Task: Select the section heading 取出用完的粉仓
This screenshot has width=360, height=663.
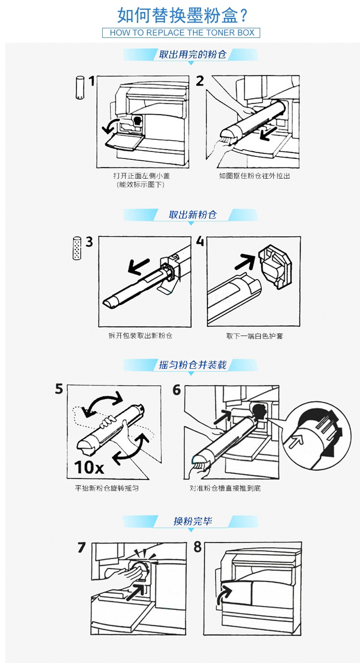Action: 192,54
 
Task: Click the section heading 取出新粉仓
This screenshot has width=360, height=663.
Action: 192,215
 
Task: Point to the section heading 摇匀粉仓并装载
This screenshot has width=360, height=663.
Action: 192,365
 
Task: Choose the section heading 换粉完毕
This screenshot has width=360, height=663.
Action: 192,521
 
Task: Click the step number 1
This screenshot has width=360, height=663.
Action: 92,81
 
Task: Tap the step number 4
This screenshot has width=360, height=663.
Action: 200,241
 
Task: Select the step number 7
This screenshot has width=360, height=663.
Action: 82,548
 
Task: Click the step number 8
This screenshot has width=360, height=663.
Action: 198,547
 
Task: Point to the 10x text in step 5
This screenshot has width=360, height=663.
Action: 89,467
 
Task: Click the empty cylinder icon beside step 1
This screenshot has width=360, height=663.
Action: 80,87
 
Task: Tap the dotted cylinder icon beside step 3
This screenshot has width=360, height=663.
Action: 77,248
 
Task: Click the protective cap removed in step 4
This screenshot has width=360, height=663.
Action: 275,266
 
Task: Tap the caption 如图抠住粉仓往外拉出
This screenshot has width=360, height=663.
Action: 254,176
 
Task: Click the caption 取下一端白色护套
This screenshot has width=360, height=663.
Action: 255,336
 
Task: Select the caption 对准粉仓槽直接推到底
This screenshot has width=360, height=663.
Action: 225,488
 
